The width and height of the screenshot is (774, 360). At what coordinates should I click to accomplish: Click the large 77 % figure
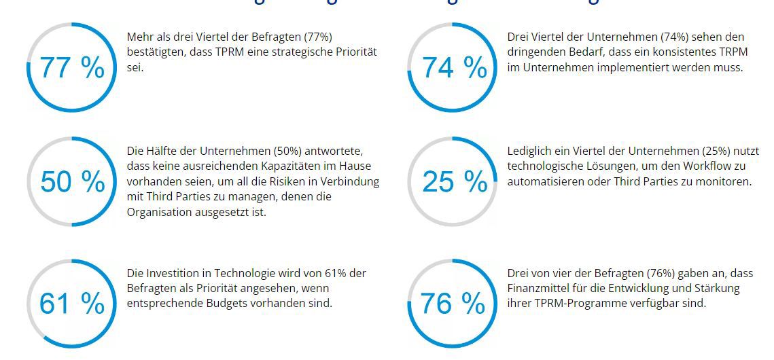coord(72,68)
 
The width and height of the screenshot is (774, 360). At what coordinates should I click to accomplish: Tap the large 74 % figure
coord(455,68)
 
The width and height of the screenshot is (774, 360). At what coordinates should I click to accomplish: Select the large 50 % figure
coord(72,182)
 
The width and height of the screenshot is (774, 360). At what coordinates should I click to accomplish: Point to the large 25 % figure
coord(455,182)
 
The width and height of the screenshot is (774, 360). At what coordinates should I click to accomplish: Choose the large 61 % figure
coord(72,304)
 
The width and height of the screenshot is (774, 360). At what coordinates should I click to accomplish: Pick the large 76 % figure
coord(453,304)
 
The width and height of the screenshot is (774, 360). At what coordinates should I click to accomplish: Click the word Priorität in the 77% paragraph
coord(355,52)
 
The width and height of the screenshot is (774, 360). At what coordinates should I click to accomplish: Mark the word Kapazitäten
coord(294,166)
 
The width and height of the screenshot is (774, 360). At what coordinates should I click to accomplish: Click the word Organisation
coord(158,212)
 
